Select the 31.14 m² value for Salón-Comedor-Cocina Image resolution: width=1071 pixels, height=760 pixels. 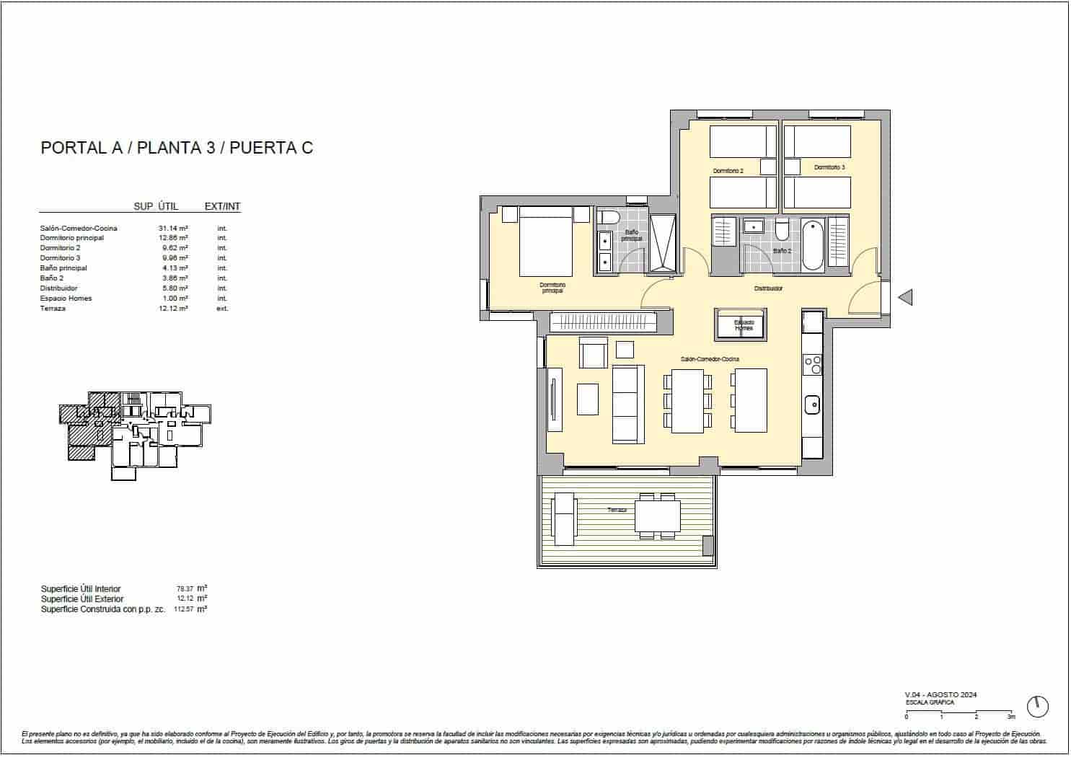[174, 228]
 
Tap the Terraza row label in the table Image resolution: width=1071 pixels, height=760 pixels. [53, 309]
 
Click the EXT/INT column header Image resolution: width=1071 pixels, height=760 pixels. [222, 206]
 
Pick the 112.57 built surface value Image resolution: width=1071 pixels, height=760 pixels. [185, 609]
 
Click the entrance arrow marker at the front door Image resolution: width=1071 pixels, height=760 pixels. [904, 296]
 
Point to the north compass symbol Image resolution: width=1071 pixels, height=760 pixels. [1037, 706]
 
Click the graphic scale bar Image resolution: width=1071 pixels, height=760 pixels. [959, 712]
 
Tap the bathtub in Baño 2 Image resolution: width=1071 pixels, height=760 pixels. [812, 245]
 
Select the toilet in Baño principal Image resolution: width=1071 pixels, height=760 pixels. [610, 218]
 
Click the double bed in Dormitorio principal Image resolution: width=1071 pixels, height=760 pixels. [546, 241]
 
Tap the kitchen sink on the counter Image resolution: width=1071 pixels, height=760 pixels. [812, 405]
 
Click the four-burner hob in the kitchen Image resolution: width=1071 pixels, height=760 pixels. [812, 365]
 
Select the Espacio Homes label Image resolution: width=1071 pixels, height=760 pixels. [743, 325]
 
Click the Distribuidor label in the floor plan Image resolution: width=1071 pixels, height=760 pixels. [768, 288]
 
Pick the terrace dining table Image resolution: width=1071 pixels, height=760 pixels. [657, 516]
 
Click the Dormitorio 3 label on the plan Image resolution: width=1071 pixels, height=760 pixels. [829, 167]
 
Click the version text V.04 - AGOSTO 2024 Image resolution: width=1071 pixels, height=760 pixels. [941, 694]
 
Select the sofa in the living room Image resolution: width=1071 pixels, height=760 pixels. [627, 403]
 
